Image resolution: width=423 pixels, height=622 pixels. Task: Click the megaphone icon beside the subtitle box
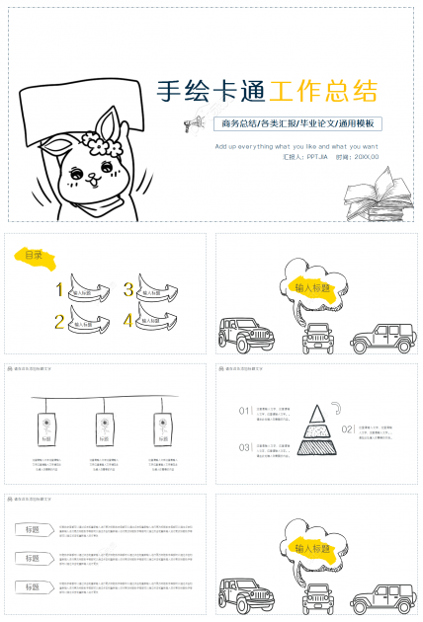193,123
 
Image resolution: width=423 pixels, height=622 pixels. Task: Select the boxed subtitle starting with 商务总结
296,123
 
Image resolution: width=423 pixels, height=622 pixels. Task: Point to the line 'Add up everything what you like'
296,145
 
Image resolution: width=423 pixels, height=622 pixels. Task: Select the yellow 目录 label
34,256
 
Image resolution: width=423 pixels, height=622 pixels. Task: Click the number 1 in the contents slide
60,290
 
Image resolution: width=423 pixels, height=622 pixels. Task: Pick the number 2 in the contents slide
60,321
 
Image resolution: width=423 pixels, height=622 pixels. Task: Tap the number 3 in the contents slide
128,290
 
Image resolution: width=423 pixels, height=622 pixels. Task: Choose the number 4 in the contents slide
128,321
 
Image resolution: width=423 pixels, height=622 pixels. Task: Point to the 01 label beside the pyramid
244,410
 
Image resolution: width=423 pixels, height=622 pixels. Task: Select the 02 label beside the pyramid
347,429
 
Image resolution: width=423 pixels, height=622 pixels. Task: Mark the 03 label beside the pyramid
244,447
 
